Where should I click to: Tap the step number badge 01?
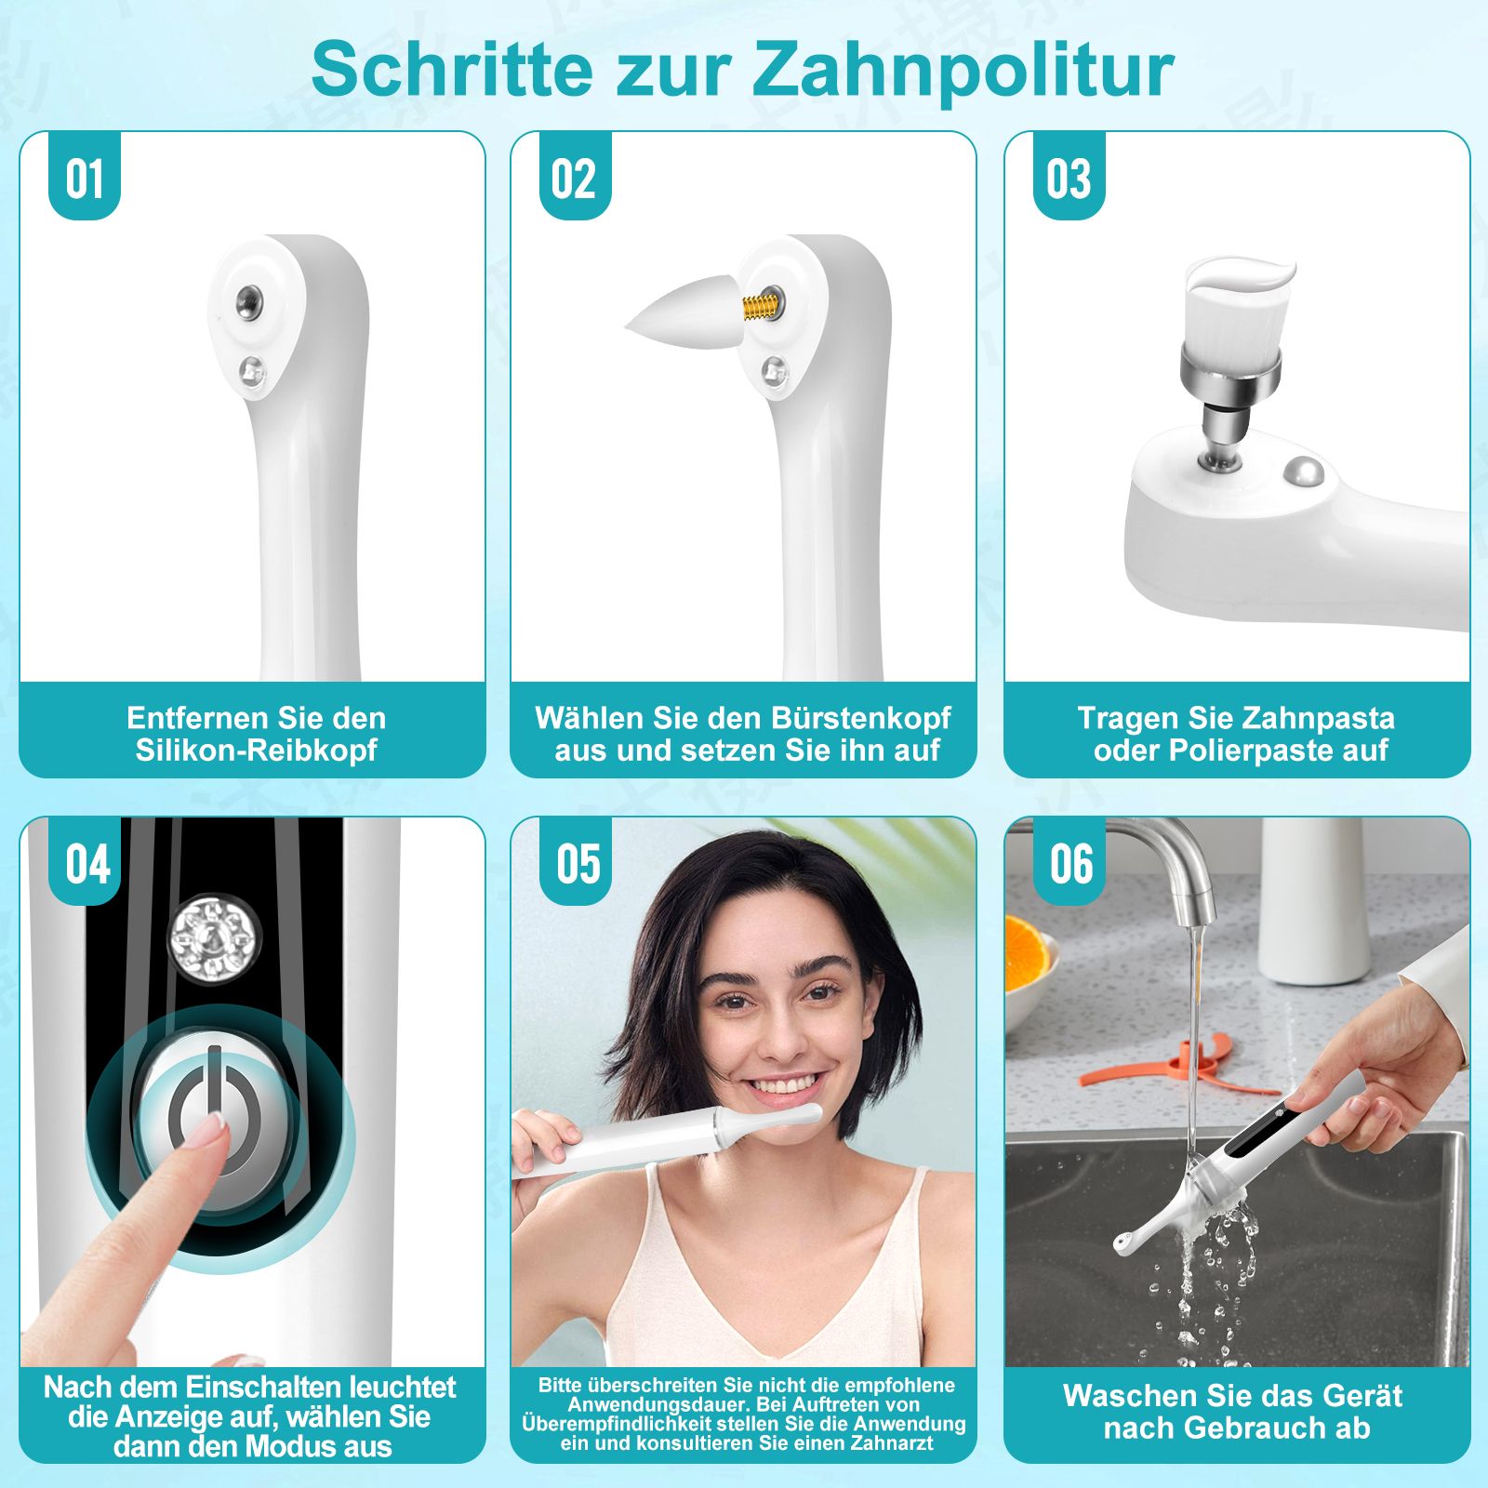pyautogui.click(x=85, y=179)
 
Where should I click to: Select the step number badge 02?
pyautogui.click(x=574, y=179)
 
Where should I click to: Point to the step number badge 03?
pyautogui.click(x=1068, y=179)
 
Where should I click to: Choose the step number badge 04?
pyautogui.click(x=87, y=864)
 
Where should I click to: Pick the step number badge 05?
pyautogui.click(x=578, y=864)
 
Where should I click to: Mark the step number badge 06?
pyautogui.click(x=1071, y=864)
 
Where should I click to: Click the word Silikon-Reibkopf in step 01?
pyautogui.click(x=256, y=751)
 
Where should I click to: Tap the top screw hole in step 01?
pyautogui.click(x=247, y=300)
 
